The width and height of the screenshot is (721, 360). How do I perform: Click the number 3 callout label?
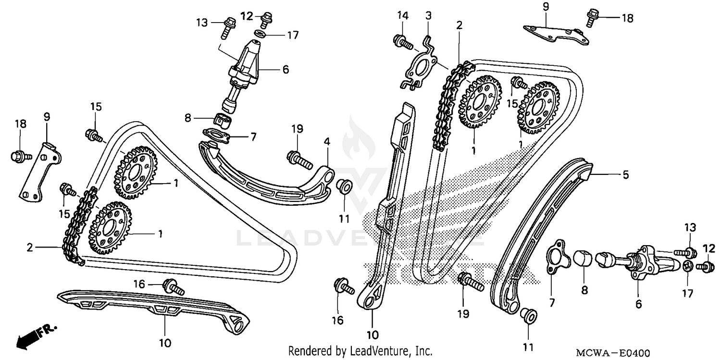tap(428, 16)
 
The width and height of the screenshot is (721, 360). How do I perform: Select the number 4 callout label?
tap(327, 142)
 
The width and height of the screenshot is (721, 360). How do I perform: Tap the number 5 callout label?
tap(625, 175)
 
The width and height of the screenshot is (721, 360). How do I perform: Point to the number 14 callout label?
tap(402, 16)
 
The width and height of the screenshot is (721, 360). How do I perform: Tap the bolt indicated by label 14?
tap(403, 42)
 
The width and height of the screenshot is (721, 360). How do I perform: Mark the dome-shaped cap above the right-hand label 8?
tap(582, 257)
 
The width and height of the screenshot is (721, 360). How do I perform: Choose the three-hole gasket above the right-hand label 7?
tap(558, 257)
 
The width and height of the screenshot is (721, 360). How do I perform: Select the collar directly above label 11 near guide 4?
tap(343, 187)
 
